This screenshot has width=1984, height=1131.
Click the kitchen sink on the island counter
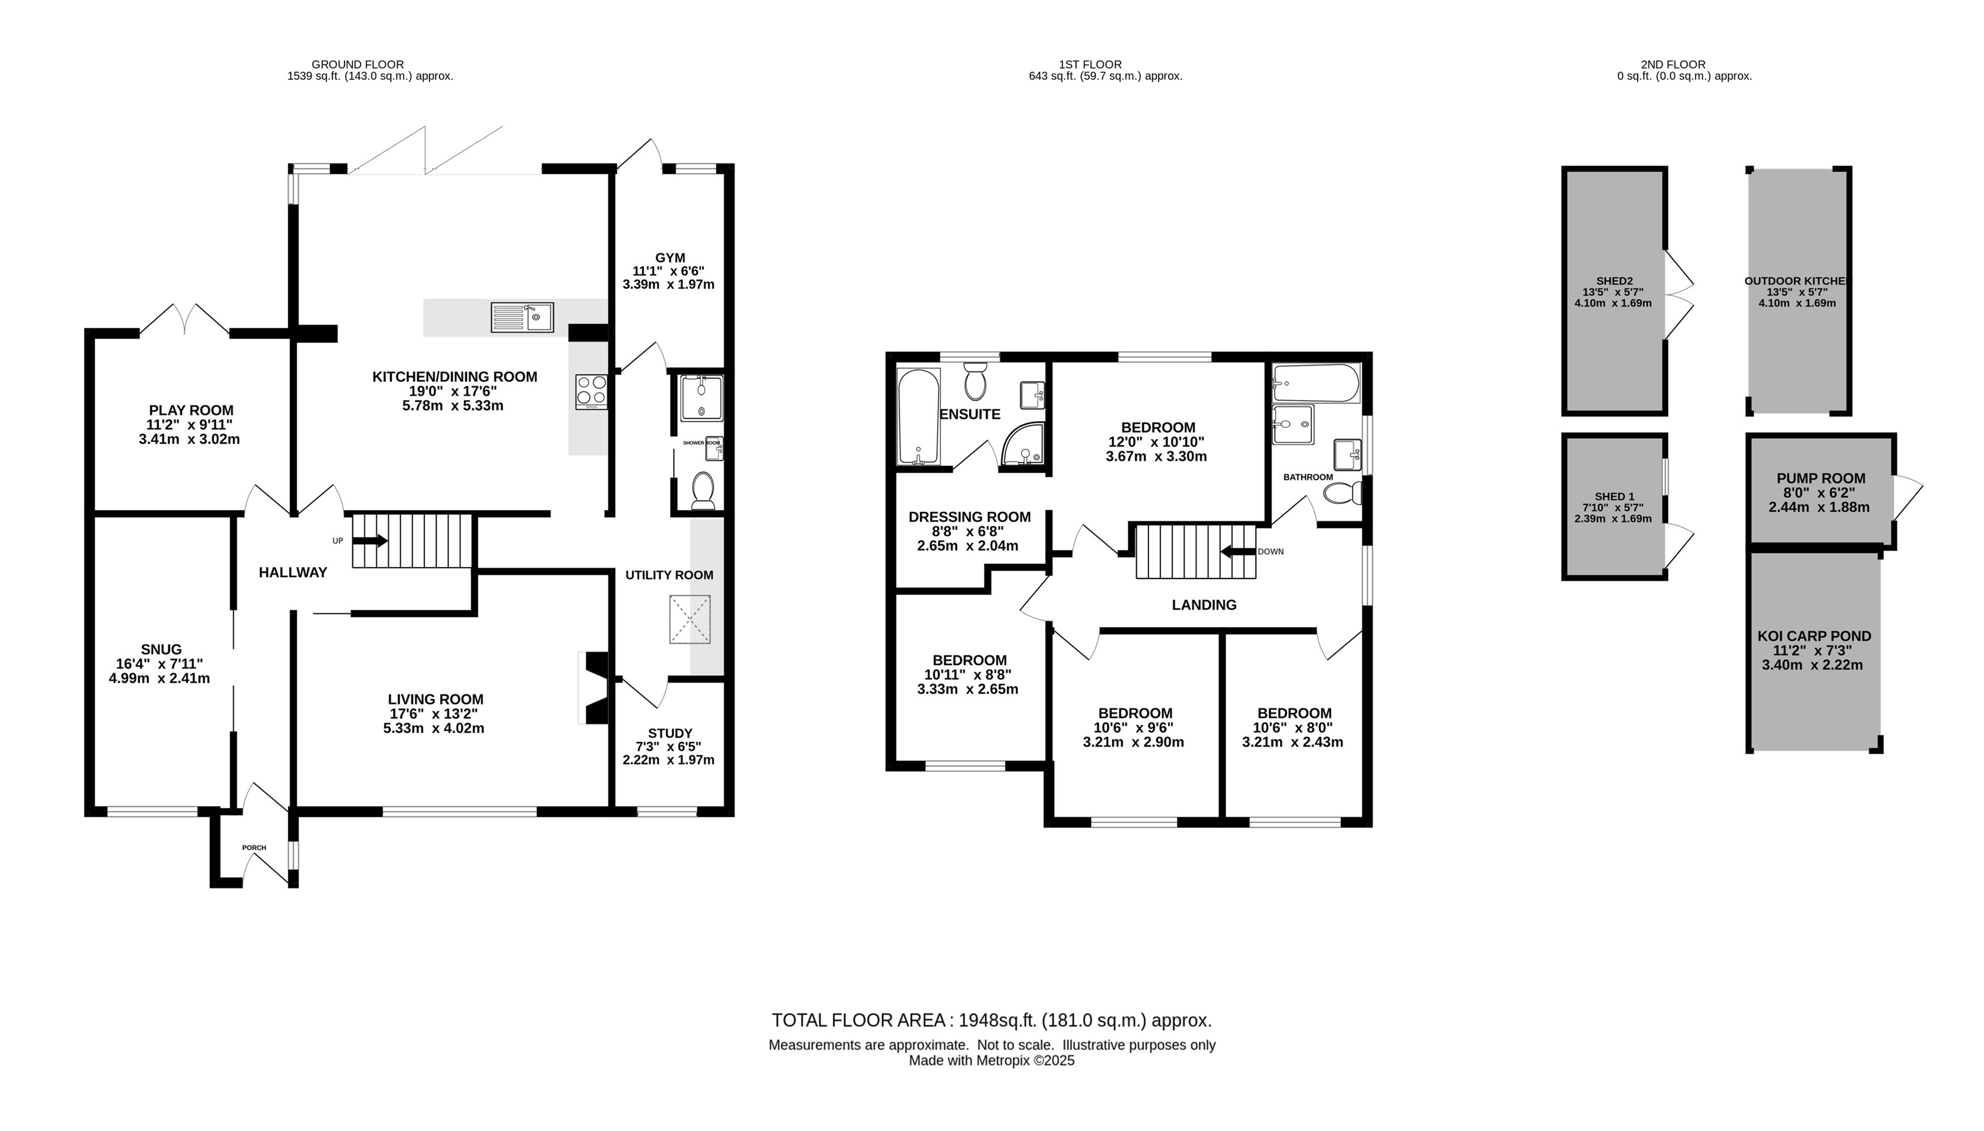[522, 317]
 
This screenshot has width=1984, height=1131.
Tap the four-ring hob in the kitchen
[591, 391]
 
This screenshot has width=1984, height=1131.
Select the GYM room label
[669, 258]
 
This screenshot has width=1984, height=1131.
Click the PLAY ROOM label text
[191, 410]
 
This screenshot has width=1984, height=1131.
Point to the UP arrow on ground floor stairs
[371, 541]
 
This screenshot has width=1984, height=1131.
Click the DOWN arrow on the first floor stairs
[1238, 551]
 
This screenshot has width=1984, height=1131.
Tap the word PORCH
[254, 847]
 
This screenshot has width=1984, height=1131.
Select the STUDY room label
[669, 732]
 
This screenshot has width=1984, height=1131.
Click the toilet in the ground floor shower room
[702, 489]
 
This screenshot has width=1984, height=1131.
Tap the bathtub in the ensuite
[918, 416]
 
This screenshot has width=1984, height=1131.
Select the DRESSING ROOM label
[969, 516]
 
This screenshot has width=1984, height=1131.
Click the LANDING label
[1204, 604]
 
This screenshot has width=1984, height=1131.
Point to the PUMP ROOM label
[1820, 479]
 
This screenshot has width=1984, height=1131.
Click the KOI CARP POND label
[1814, 636]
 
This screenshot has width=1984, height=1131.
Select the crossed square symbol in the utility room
[690, 619]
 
